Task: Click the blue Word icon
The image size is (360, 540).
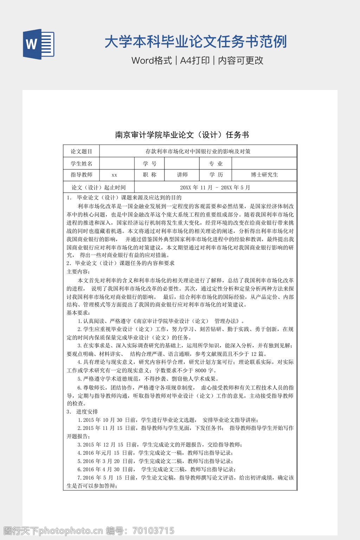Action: (x=39, y=44)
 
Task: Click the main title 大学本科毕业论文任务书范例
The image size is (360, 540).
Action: (x=196, y=42)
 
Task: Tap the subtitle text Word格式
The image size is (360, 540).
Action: (x=152, y=60)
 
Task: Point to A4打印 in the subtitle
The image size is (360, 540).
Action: (x=195, y=60)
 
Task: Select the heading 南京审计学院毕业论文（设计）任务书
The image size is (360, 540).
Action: (x=182, y=135)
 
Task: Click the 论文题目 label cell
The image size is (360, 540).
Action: (x=81, y=152)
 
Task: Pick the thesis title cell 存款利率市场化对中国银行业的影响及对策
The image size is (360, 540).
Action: (x=198, y=152)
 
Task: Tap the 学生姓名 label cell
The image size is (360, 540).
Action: (x=81, y=163)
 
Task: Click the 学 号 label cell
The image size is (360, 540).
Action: (x=149, y=163)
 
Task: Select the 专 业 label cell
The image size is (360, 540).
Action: (x=216, y=163)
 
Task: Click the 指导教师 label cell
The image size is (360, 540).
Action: (x=81, y=175)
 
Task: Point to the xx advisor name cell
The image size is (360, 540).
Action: (x=114, y=175)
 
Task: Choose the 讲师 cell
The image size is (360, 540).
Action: (x=182, y=175)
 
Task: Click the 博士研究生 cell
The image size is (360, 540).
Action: (x=264, y=175)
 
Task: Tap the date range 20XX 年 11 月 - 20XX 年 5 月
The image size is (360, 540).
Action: (x=215, y=187)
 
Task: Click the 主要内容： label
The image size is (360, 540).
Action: (x=78, y=271)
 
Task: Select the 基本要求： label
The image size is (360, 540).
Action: (x=78, y=313)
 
